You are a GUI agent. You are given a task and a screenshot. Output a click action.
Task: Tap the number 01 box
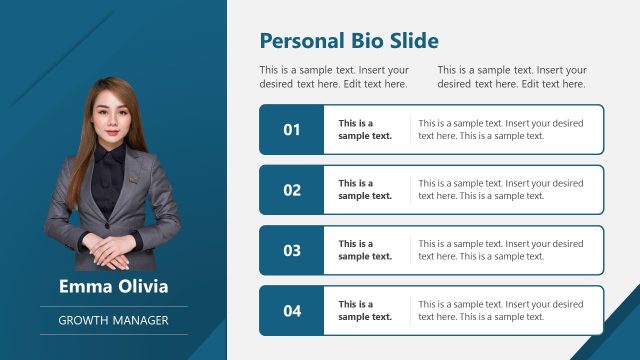(291, 130)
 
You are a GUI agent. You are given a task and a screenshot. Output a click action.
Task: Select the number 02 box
(291, 190)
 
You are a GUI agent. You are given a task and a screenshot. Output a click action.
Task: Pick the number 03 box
(291, 250)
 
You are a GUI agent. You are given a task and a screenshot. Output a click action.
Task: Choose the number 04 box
(291, 311)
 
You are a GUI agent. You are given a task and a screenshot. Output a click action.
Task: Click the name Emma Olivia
(113, 287)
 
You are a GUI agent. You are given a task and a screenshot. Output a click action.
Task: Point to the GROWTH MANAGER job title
(113, 320)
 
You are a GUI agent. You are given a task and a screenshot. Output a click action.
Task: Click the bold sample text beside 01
(365, 130)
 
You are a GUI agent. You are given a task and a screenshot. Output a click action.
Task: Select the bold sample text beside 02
(365, 190)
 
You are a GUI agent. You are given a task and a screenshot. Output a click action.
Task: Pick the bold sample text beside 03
(365, 250)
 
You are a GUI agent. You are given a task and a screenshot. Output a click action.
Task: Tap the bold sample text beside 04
(365, 311)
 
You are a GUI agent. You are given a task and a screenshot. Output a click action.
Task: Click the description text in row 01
(500, 130)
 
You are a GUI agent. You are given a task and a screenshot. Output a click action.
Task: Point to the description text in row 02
(500, 190)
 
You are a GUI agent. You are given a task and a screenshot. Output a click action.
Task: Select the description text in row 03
(500, 250)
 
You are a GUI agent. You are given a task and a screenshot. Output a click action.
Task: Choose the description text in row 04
(500, 311)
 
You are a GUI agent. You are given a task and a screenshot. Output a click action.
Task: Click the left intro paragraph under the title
(334, 77)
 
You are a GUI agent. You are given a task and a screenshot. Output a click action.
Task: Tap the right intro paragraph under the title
(512, 77)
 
